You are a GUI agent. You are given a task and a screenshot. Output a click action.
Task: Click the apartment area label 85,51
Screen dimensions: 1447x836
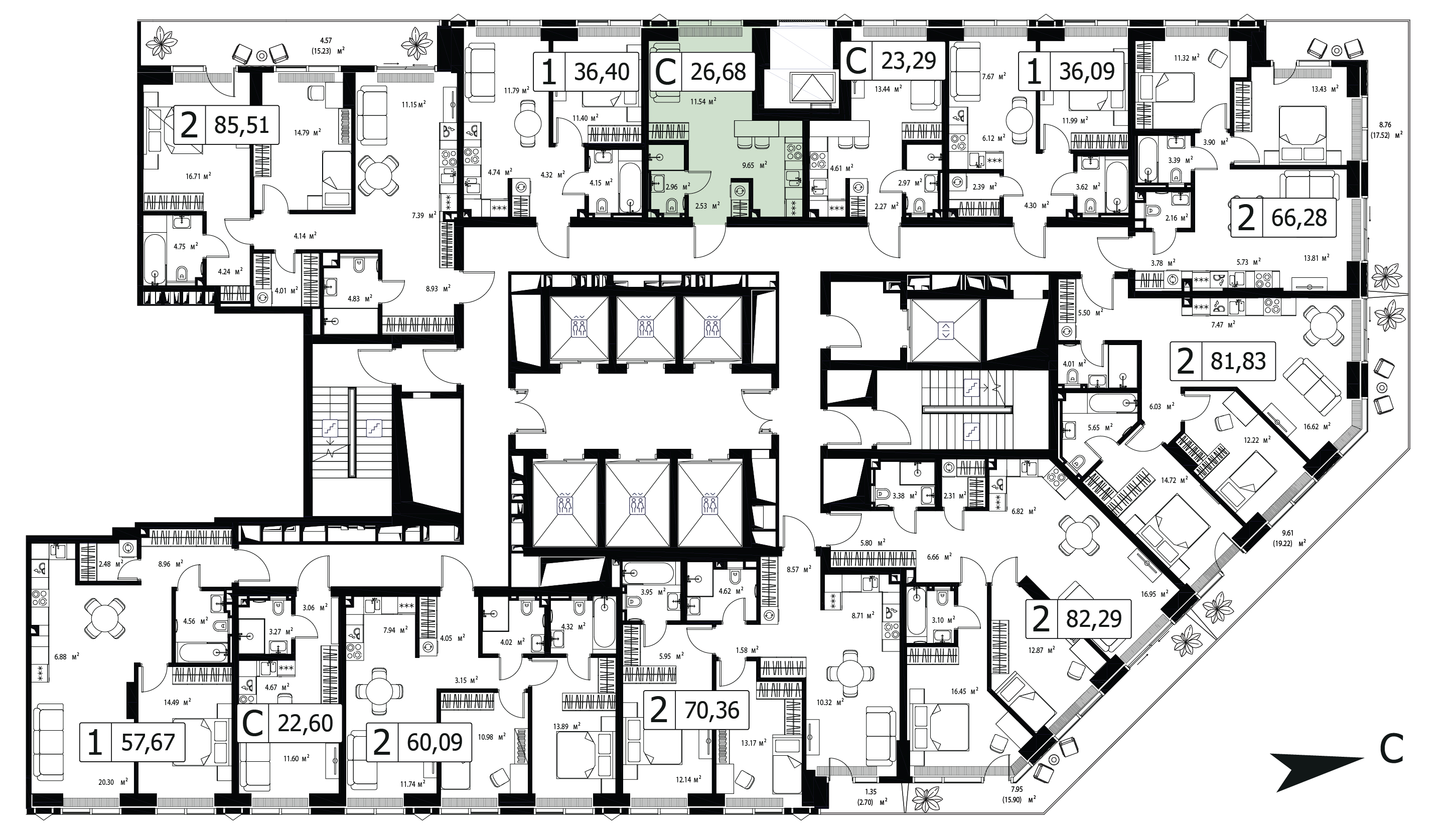pos(241,124)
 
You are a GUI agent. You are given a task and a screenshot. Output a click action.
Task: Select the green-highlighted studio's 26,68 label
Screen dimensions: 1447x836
pos(718,72)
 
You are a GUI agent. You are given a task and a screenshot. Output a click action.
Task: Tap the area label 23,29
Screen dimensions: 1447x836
pos(909,60)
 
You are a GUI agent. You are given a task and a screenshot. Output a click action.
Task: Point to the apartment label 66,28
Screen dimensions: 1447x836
pos(1299,218)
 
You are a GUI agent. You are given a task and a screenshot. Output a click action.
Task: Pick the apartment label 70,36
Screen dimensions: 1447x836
pos(712,710)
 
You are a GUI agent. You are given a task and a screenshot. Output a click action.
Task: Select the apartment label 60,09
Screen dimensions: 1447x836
pos(435,743)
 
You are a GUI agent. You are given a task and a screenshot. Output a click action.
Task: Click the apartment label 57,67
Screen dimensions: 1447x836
pos(148,743)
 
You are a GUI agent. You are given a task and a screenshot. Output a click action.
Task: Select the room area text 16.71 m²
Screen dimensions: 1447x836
pos(198,176)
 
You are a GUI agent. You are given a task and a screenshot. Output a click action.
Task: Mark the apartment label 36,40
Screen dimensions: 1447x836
pos(602,72)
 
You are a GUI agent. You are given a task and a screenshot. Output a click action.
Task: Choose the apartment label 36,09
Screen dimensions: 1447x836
pos(1087,72)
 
